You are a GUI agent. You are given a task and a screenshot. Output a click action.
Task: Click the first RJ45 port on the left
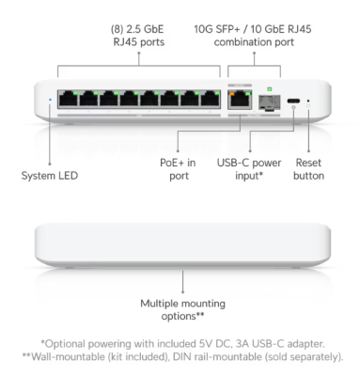(x=69, y=99)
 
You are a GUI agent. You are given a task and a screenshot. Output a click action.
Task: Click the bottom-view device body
(x=180, y=246)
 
